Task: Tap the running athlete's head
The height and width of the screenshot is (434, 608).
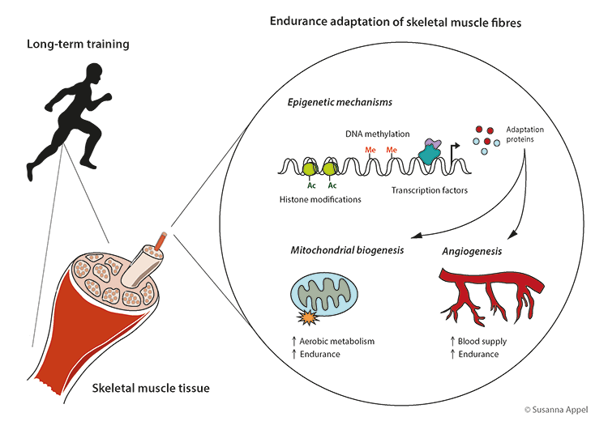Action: [x=92, y=74]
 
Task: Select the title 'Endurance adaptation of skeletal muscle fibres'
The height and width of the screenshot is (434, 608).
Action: [x=395, y=21]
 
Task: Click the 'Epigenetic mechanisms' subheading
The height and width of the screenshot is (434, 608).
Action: [x=340, y=103]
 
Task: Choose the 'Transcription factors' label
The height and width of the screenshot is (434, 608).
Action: [x=426, y=191]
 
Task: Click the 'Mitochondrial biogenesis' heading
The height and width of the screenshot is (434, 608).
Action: [x=347, y=252]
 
